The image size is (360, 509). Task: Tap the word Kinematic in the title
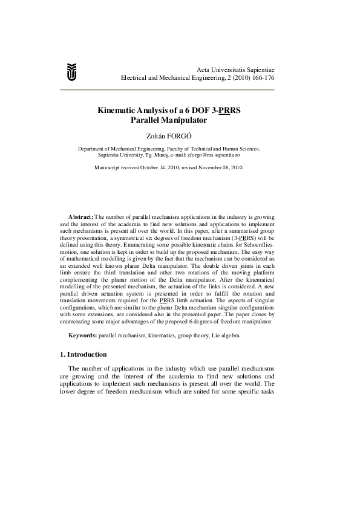click(119, 111)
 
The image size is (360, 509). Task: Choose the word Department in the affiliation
click(95, 148)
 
